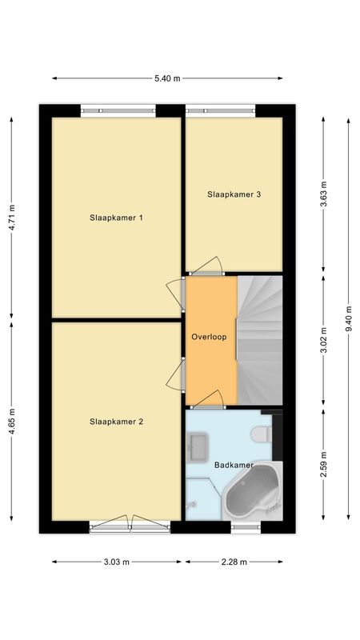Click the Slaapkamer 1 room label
tap(116, 218)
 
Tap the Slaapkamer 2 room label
tap(116, 422)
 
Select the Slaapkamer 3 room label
tap(234, 194)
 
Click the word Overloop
tap(210, 337)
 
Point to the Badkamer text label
tap(234, 465)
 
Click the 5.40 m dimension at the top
tap(167, 78)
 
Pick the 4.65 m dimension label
tap(12, 422)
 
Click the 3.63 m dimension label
tap(323, 193)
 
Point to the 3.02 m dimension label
tap(323, 339)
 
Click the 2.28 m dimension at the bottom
tap(235, 562)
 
